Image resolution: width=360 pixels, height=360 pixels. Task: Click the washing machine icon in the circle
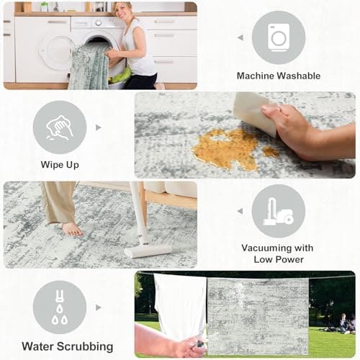278,37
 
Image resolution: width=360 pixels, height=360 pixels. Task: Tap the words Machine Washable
278,76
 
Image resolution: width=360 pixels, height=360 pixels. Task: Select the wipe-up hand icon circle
60,127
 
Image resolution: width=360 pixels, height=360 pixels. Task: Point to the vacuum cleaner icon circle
278,210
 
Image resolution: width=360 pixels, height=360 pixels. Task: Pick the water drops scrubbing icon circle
60,307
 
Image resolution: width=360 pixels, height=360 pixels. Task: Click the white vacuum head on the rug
148,251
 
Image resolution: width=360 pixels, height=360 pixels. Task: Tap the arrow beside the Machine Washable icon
240,37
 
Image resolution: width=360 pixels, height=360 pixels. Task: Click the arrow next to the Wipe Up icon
99,127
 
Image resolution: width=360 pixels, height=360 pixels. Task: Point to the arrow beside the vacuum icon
240,211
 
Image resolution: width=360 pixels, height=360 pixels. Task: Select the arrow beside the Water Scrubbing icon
99,307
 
